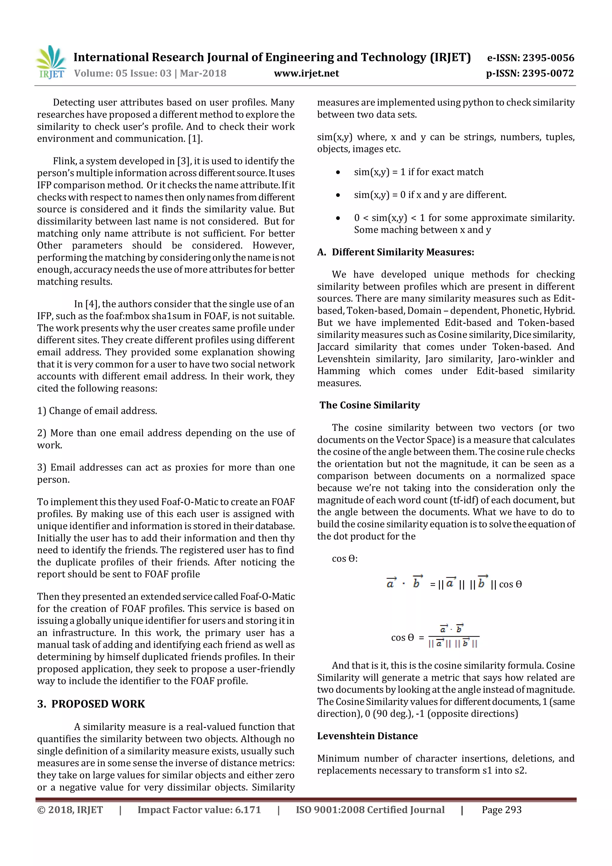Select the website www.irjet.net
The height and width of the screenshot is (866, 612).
306,73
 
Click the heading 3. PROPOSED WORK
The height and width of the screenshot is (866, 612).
91,704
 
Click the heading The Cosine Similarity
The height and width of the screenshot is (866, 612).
369,405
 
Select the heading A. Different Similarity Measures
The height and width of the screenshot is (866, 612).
395,252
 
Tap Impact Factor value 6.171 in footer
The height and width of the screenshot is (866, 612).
199,810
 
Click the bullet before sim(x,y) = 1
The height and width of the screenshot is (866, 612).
338,172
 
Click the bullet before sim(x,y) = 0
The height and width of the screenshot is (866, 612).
338,195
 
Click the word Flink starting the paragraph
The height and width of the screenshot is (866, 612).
65,161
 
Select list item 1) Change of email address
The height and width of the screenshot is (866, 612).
97,411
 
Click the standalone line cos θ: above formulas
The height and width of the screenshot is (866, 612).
345,559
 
